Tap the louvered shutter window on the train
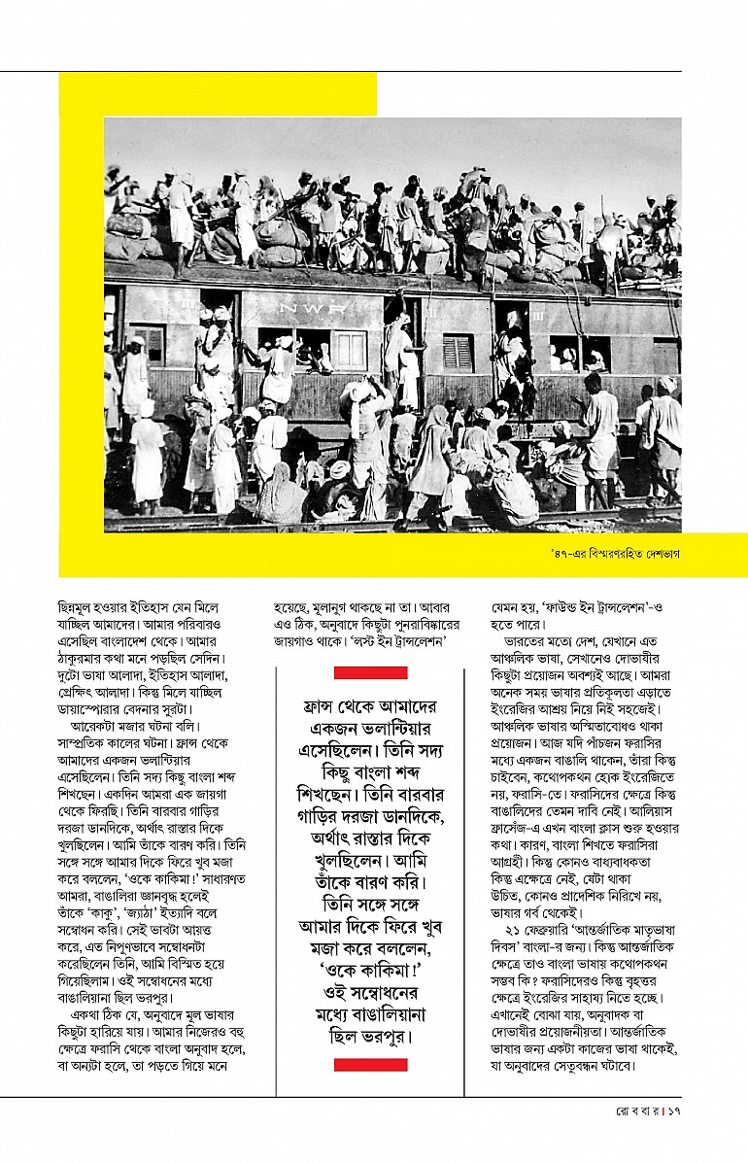[x=458, y=352]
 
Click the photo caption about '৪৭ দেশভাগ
[x=613, y=554]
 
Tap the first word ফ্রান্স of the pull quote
[x=323, y=707]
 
